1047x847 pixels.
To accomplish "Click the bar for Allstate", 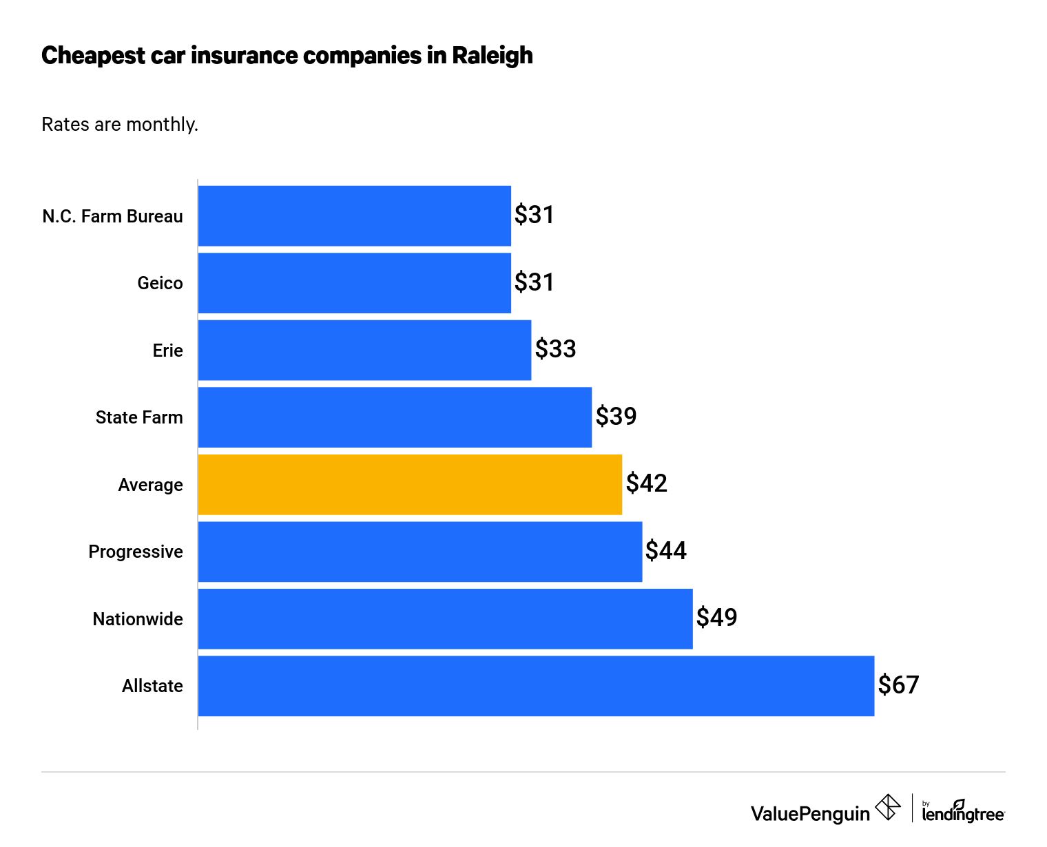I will point(536,686).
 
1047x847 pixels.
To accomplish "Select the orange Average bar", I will point(410,484).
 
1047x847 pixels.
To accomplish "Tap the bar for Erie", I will point(364,350).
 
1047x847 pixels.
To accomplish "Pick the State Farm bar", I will point(395,417).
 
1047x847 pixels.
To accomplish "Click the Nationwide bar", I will point(445,618).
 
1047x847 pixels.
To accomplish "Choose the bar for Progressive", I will point(420,552).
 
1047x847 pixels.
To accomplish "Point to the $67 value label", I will point(898,685).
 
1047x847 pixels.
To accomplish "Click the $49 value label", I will point(716,618).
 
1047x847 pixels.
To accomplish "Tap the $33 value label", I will point(555,349).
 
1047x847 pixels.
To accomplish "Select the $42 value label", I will point(646,483).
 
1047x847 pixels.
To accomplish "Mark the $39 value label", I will point(616,417).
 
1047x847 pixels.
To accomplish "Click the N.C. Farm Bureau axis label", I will point(112,216).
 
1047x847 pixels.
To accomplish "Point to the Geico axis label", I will point(160,283).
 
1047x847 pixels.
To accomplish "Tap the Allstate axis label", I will point(152,686).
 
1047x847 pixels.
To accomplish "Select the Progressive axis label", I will point(136,552).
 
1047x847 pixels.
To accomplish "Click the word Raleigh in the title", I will point(492,56).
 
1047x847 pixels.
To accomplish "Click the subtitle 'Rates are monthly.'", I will point(120,125).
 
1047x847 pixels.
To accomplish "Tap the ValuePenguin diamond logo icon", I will point(887,808).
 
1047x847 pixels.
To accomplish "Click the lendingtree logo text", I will point(963,813).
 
